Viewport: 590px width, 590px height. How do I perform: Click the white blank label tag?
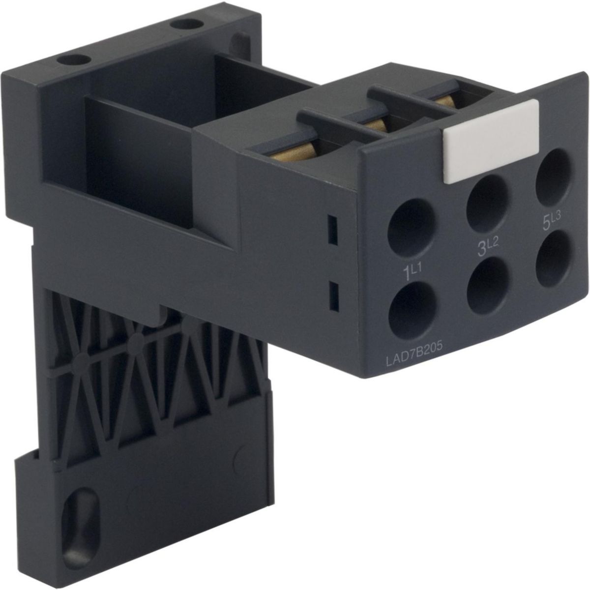tap(491, 142)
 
